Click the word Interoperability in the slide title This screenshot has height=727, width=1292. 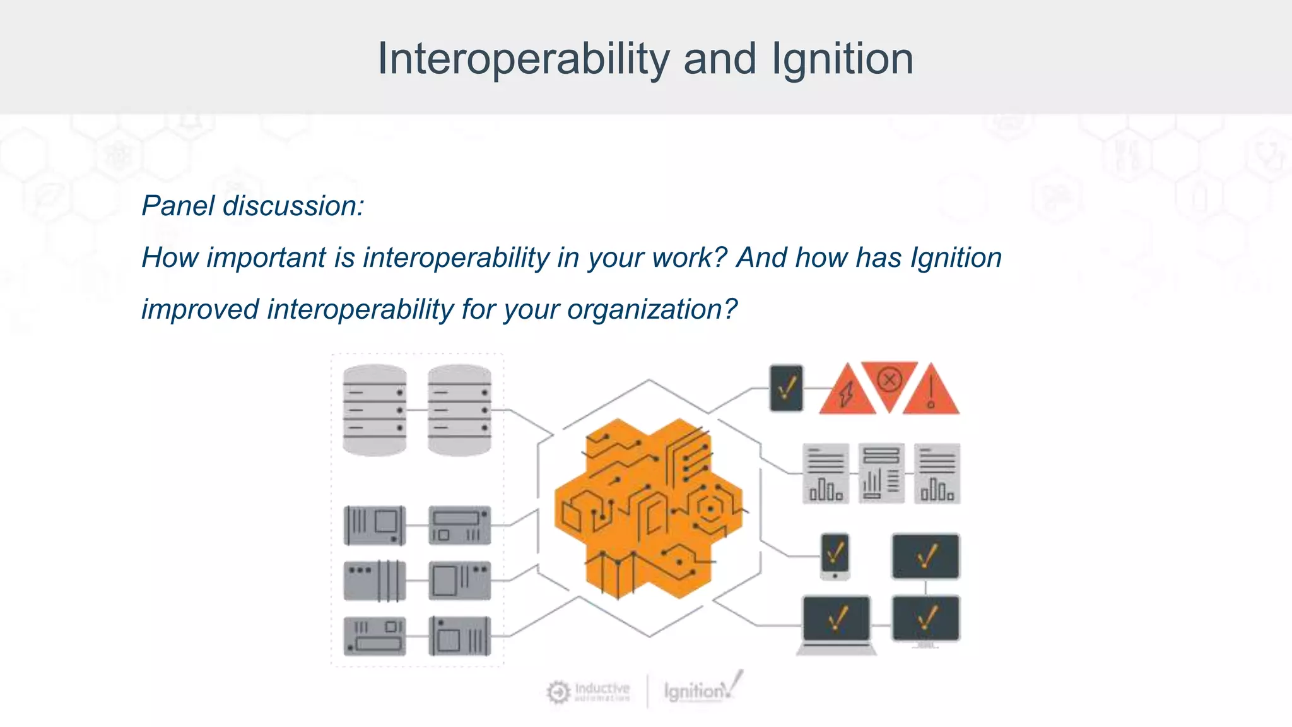tap(523, 59)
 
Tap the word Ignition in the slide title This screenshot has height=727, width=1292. tap(842, 59)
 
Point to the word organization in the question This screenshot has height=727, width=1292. tap(652, 309)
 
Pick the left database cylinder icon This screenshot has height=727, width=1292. tap(374, 410)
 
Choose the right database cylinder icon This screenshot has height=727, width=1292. tap(459, 410)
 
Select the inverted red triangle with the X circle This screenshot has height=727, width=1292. tap(890, 381)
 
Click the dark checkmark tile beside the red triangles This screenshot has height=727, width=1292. tap(786, 387)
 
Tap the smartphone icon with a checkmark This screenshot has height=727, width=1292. tap(835, 556)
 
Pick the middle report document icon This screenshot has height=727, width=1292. tap(881, 473)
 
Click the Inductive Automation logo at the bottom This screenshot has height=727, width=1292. tap(589, 692)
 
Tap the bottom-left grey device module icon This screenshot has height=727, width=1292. tap(374, 636)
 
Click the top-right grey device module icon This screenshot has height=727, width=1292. tap(459, 525)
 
